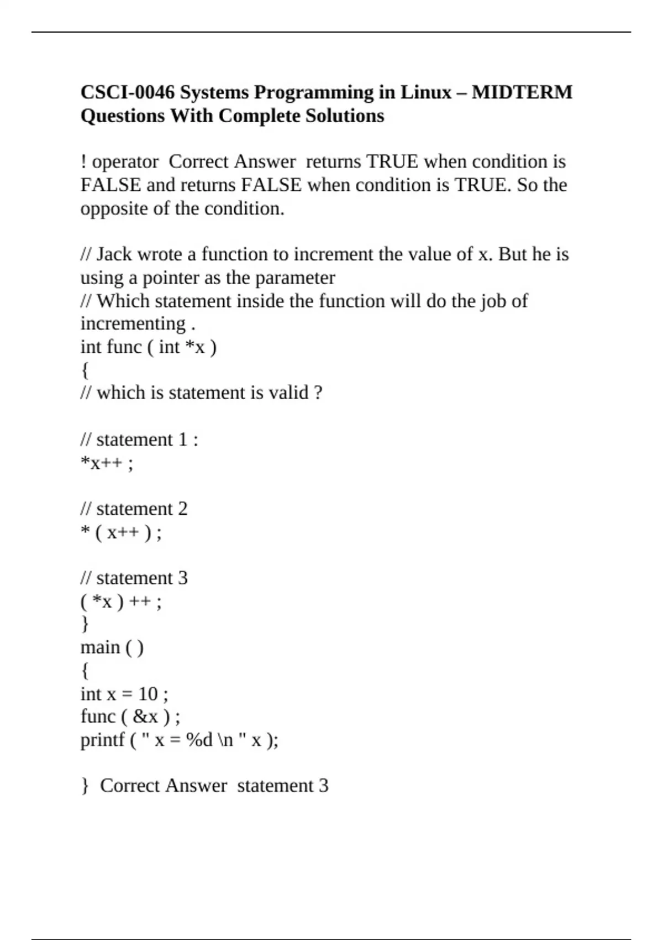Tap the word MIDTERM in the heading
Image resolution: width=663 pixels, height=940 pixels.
(x=522, y=92)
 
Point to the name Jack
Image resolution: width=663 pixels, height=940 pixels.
(x=114, y=254)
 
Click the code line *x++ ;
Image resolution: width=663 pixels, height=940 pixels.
(x=107, y=463)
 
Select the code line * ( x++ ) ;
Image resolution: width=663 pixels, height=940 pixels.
(x=121, y=532)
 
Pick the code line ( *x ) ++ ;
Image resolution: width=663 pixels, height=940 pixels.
(x=121, y=601)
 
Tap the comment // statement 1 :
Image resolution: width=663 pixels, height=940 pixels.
(x=139, y=440)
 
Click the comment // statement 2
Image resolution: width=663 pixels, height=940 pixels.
(x=134, y=509)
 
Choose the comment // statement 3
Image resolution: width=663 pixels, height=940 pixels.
(x=134, y=578)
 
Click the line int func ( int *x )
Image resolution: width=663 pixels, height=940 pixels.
(x=149, y=347)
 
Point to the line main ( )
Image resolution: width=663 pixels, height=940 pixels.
(x=112, y=647)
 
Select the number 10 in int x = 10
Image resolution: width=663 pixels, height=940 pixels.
(x=148, y=693)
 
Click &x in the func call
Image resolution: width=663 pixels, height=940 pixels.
(x=145, y=717)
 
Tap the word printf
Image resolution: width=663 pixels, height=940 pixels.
(x=102, y=740)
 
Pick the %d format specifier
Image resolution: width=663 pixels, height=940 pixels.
(x=199, y=740)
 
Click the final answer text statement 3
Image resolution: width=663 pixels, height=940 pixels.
(x=283, y=786)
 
